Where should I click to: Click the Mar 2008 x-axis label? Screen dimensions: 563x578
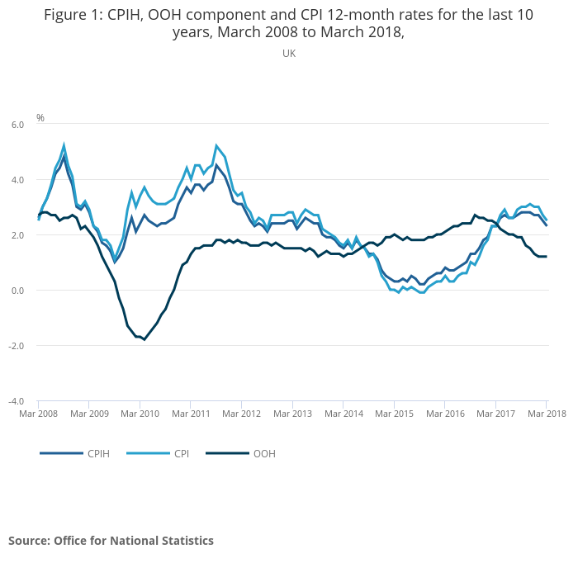(x=38, y=413)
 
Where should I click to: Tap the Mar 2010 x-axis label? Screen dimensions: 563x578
(x=140, y=413)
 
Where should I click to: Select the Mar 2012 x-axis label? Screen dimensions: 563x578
(x=241, y=413)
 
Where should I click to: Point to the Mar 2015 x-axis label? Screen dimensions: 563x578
(x=394, y=413)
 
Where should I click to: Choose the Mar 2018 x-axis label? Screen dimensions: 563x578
(x=545, y=413)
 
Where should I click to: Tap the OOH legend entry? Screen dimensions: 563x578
(x=263, y=453)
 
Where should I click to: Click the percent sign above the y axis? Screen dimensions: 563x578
(x=40, y=118)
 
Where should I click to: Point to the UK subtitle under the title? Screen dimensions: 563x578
(x=289, y=53)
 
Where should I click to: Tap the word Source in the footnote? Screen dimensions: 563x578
(x=28, y=541)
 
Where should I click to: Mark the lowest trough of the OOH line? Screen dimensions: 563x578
(x=144, y=339)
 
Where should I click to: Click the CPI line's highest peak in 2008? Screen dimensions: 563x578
(x=64, y=145)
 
